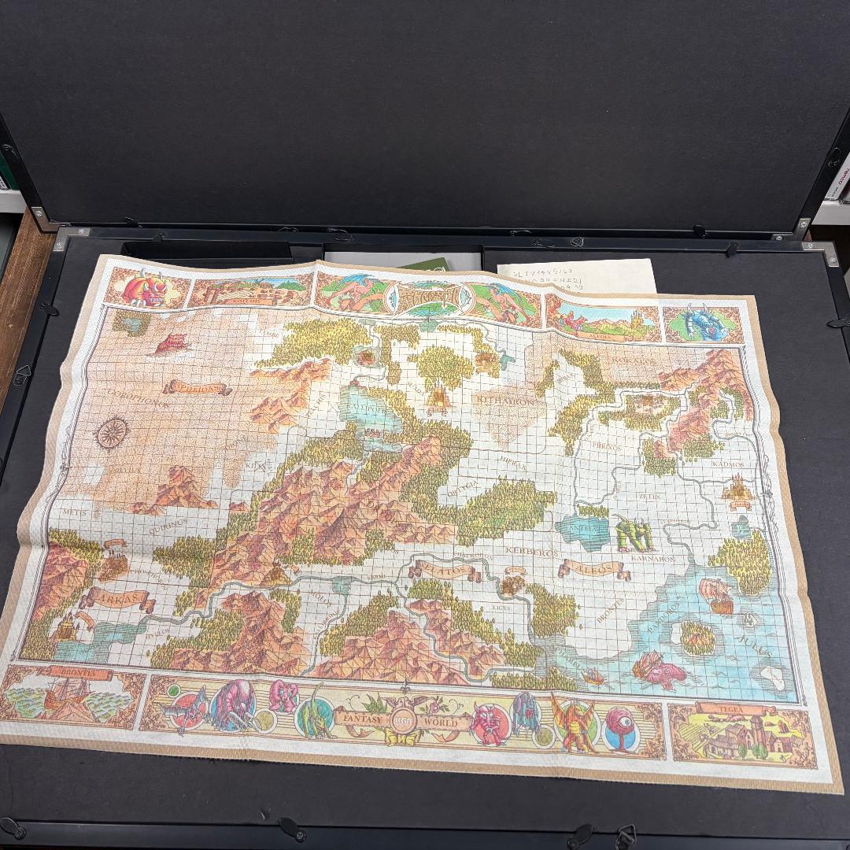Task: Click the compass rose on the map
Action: tap(112, 432)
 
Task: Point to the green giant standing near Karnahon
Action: tap(634, 534)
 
